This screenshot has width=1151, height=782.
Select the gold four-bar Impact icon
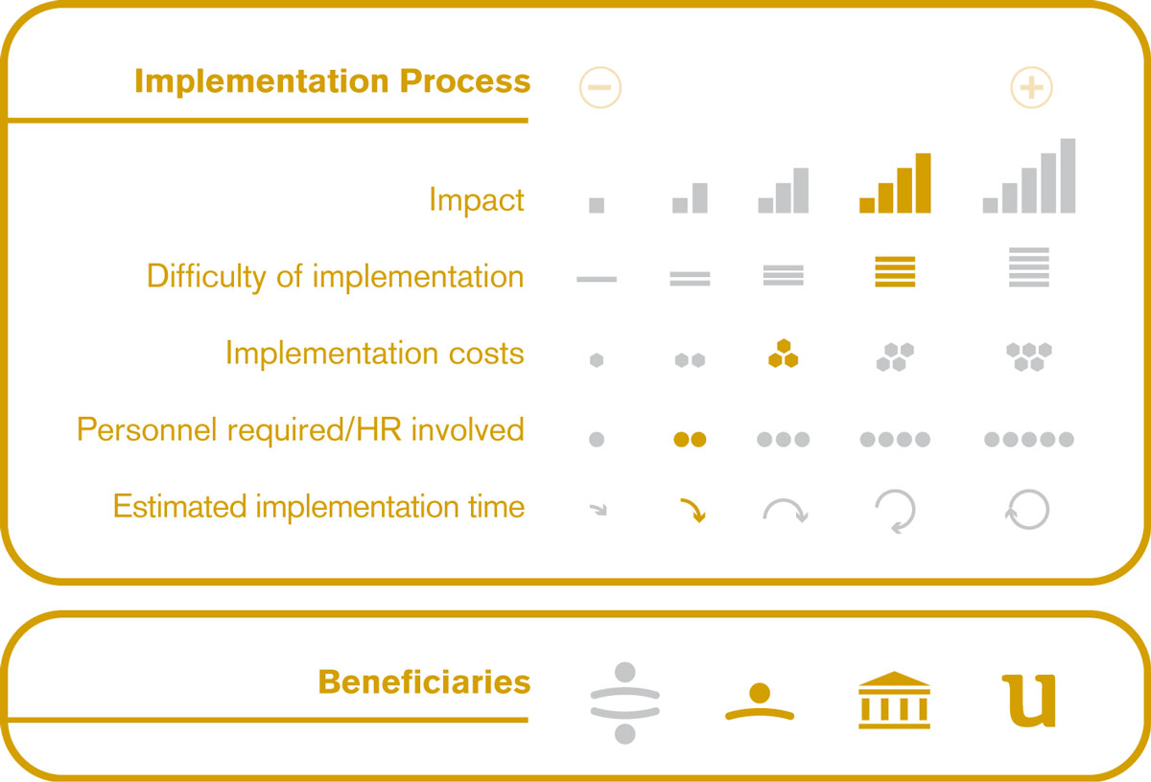coord(895,183)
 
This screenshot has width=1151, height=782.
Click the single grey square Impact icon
coord(597,205)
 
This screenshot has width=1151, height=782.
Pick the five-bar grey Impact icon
coord(1029,175)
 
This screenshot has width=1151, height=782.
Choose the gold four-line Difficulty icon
coord(895,271)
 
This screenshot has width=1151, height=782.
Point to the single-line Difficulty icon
coord(597,279)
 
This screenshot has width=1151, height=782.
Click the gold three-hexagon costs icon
coord(783,354)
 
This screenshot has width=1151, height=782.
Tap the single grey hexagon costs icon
coord(597,360)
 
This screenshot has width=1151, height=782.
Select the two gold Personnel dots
coord(690,440)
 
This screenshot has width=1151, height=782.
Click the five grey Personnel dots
coord(1029,440)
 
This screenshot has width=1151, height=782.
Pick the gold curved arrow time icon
coord(693,510)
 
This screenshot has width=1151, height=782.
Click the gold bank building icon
coord(894,700)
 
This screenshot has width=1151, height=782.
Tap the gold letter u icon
coord(1029,701)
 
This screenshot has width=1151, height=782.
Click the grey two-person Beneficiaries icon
coord(624,702)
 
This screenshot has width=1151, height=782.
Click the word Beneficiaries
coord(424,682)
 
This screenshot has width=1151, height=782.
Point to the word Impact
coord(477,200)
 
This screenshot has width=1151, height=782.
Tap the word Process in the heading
coord(465,81)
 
